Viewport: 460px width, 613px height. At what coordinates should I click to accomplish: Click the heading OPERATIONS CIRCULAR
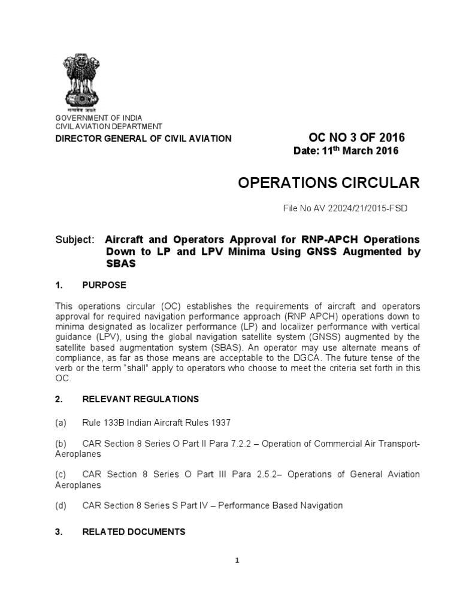tap(329, 183)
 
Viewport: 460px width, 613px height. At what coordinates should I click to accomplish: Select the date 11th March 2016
tap(346, 151)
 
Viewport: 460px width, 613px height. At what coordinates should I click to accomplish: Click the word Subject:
tap(75, 239)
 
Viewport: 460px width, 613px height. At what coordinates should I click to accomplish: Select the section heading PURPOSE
tap(104, 285)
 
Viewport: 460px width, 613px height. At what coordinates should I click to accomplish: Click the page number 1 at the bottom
tap(237, 561)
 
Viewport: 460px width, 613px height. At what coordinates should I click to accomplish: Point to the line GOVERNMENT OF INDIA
tap(99, 118)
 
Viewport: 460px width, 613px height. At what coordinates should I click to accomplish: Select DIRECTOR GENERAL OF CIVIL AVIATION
tap(143, 139)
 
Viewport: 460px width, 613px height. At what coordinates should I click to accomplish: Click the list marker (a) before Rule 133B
tap(60, 423)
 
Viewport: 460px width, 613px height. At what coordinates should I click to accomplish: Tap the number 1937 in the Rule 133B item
tap(219, 423)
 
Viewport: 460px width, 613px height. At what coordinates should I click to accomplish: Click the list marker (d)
tap(60, 506)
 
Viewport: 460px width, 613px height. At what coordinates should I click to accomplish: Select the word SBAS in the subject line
tap(120, 263)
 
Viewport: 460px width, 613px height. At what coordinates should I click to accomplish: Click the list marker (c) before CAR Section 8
tap(60, 474)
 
